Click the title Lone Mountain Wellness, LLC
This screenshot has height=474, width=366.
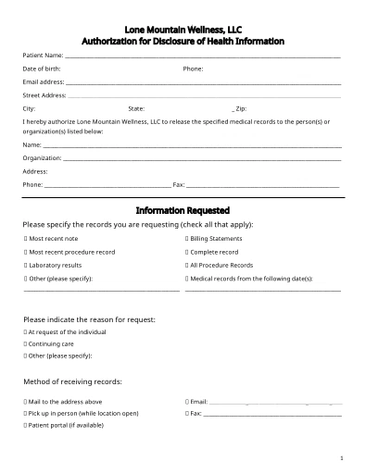183,30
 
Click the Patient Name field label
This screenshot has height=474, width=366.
43,56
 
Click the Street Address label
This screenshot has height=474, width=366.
44,94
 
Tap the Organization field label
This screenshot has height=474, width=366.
42,158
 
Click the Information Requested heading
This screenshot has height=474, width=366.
183,210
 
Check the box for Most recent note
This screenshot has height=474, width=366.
25,239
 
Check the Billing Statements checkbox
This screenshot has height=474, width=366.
187,239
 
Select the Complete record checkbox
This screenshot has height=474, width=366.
187,252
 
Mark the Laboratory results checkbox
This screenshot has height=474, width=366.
25,265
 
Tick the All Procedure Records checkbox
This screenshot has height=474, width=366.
187,265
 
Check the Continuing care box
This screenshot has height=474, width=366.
25,343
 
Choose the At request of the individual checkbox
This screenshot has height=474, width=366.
25,331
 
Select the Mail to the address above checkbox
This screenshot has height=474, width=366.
25,402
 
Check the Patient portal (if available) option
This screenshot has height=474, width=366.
25,425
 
